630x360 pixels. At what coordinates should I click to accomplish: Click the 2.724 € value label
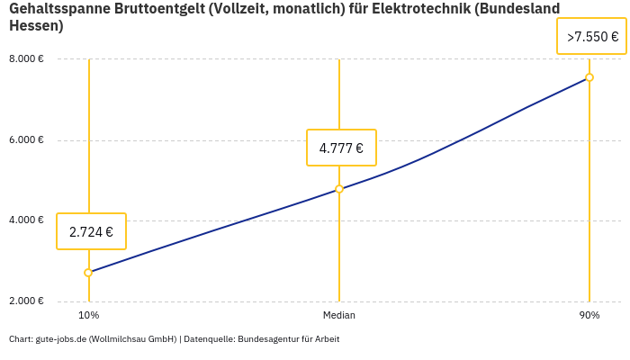(x=91, y=231)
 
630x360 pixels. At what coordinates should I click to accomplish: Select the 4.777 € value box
(x=341, y=148)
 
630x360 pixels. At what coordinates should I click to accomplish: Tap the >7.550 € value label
(x=591, y=37)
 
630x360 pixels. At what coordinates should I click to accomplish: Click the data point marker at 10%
(x=88, y=273)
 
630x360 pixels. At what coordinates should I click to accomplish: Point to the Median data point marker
(x=339, y=189)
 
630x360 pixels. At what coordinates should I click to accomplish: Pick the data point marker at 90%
(x=589, y=77)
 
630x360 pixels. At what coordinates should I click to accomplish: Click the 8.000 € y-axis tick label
(x=27, y=59)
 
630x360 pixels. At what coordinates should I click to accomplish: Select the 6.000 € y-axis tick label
(x=27, y=140)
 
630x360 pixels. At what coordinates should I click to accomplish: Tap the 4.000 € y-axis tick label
(x=27, y=220)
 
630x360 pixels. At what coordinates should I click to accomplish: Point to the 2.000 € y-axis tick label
(x=27, y=301)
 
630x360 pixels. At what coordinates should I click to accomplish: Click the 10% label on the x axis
(x=88, y=316)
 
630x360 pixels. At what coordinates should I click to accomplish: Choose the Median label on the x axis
(x=339, y=316)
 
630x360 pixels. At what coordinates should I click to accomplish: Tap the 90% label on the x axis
(x=589, y=316)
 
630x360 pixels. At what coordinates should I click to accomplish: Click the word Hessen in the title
(x=33, y=25)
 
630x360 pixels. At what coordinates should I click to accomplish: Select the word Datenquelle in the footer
(x=209, y=339)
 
